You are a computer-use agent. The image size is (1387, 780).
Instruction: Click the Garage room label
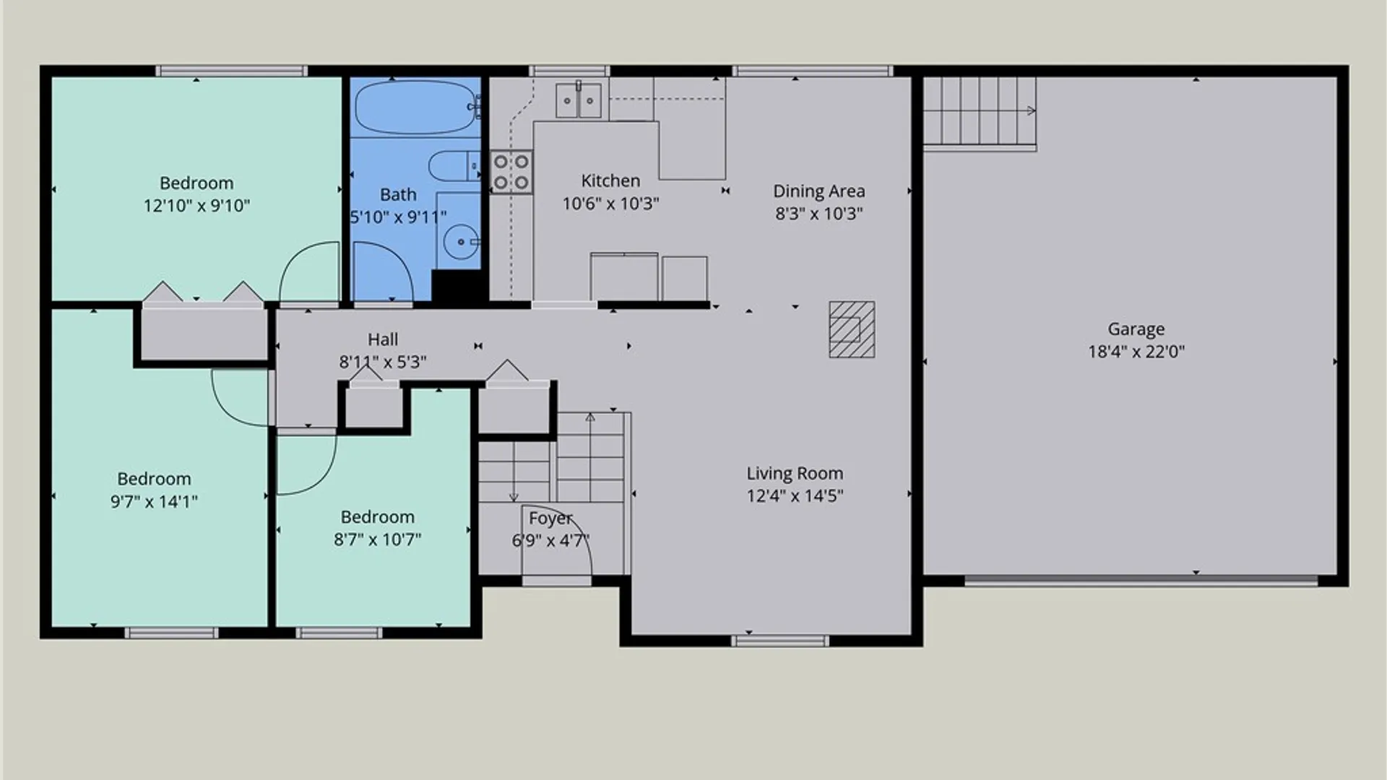1136,329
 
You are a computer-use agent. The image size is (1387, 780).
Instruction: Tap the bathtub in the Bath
416,107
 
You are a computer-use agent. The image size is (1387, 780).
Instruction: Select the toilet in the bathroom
454,166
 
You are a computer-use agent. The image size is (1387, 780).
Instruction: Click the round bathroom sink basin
459,241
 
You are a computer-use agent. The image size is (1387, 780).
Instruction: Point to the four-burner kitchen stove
511,172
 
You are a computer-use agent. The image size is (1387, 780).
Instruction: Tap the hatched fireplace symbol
852,329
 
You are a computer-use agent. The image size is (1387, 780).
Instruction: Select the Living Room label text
795,473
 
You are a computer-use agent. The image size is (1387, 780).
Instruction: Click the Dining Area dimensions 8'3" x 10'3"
818,213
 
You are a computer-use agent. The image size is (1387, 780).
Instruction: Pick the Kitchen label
610,181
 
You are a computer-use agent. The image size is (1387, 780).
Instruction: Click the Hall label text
383,339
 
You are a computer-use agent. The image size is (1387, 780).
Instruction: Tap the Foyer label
550,519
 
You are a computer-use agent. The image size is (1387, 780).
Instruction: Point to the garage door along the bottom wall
1141,579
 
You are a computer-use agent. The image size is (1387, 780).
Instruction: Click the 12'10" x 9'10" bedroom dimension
196,206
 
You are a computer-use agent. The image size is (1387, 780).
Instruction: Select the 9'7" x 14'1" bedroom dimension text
154,501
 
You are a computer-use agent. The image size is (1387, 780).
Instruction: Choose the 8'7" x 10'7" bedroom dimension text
377,539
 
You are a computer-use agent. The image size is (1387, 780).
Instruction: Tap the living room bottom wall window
780,640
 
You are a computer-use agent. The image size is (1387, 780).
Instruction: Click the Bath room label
398,194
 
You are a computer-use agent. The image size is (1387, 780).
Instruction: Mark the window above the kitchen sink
569,71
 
